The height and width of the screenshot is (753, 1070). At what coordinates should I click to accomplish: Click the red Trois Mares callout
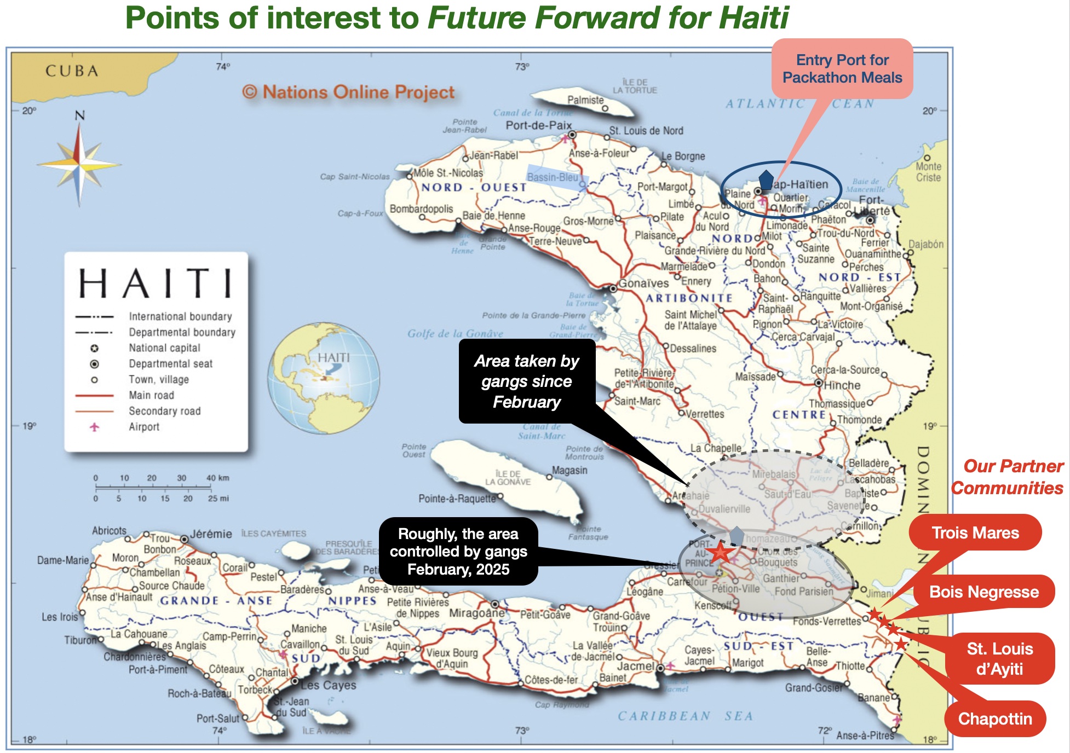(x=975, y=532)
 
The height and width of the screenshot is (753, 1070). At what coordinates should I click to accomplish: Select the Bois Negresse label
(x=983, y=592)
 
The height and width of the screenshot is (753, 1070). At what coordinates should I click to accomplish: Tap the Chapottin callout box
(x=994, y=719)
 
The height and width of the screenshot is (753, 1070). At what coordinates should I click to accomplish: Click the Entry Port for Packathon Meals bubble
(x=842, y=69)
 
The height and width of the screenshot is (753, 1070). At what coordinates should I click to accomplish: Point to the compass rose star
(x=79, y=164)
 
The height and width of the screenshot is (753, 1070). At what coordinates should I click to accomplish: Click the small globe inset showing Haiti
(x=324, y=378)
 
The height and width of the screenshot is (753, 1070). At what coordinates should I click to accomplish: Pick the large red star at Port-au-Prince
(x=720, y=553)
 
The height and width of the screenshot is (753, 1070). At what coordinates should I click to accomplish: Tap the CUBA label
(x=72, y=71)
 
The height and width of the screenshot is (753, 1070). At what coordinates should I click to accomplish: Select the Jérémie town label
(x=211, y=534)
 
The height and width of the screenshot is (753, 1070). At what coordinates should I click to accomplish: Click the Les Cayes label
(x=328, y=685)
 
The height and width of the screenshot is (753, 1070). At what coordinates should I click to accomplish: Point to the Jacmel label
(x=635, y=667)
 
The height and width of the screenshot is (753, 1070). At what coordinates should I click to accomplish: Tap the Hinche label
(x=842, y=385)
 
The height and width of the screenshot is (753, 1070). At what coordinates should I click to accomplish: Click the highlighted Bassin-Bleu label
(x=553, y=177)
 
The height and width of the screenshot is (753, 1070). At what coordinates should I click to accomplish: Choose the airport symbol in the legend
(x=94, y=427)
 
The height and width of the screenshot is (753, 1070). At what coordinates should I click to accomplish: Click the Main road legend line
(x=94, y=395)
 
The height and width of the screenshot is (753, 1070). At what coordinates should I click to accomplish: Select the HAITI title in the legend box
(x=156, y=283)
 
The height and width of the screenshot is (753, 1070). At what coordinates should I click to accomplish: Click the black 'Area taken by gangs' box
(x=526, y=381)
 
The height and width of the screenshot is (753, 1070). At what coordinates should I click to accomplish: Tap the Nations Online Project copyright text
(x=348, y=92)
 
